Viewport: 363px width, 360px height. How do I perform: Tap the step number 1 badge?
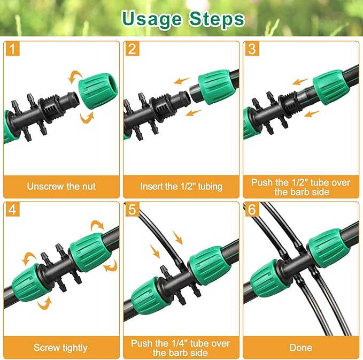pos(13,50)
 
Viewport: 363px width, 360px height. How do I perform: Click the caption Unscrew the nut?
pos(61,187)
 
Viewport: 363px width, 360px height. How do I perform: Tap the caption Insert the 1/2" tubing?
pos(181,187)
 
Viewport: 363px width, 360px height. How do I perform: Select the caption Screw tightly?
pos(60,348)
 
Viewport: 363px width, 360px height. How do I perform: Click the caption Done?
pos(300,348)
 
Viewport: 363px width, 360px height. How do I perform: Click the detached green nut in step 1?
pos(95,91)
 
